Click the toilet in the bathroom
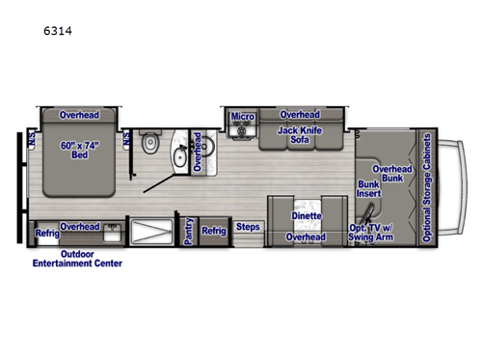point(147,145)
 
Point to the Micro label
point(242,118)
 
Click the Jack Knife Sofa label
point(300,135)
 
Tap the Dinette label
point(307,217)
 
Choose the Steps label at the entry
point(248,228)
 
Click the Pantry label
point(189,233)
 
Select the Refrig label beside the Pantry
point(213,232)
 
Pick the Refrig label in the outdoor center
point(47,233)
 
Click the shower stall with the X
point(153,233)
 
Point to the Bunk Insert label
point(368,188)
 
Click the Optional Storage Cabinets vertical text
point(428,188)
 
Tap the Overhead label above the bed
point(78,115)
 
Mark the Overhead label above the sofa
point(299,114)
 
